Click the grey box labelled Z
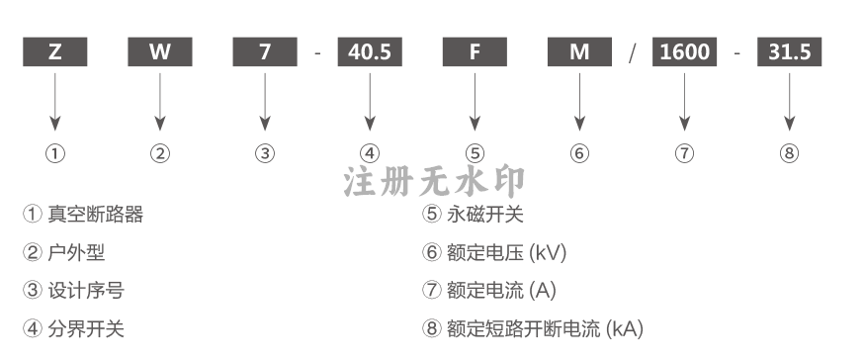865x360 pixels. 55,51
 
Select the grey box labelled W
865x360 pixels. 160,51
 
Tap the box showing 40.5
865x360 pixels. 370,51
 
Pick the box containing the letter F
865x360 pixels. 475,51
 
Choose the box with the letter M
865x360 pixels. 579,51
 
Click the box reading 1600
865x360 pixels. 685,51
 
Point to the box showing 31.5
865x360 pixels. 790,51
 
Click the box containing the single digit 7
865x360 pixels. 265,51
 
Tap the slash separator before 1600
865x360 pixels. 633,53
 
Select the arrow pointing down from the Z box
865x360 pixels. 55,102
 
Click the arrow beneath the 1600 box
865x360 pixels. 685,102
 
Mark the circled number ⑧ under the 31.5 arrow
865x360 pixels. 790,153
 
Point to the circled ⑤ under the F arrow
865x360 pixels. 475,153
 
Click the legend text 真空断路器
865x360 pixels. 96,215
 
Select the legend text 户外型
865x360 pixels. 76,253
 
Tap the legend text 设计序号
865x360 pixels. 86,291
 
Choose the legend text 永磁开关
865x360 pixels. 485,215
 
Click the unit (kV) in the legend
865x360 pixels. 548,253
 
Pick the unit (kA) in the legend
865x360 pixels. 625,329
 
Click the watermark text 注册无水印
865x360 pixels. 434,182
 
